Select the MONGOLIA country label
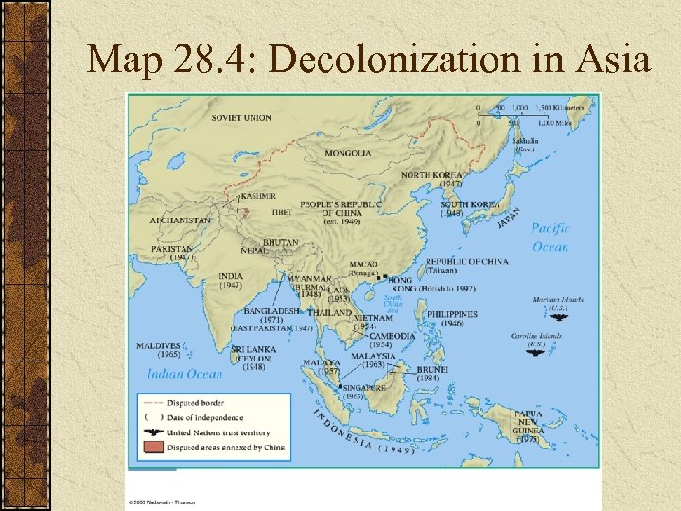pyautogui.click(x=347, y=153)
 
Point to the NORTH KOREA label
pyautogui.click(x=432, y=175)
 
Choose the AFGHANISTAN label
pyautogui.click(x=181, y=220)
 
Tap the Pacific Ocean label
pyautogui.click(x=550, y=237)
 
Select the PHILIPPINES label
pyautogui.click(x=452, y=314)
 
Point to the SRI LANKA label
pyautogui.click(x=253, y=348)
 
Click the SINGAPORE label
pyautogui.click(x=364, y=387)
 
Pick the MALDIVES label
pyautogui.click(x=158, y=345)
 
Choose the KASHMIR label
pyautogui.click(x=259, y=196)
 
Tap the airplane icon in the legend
pyautogui.click(x=151, y=432)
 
